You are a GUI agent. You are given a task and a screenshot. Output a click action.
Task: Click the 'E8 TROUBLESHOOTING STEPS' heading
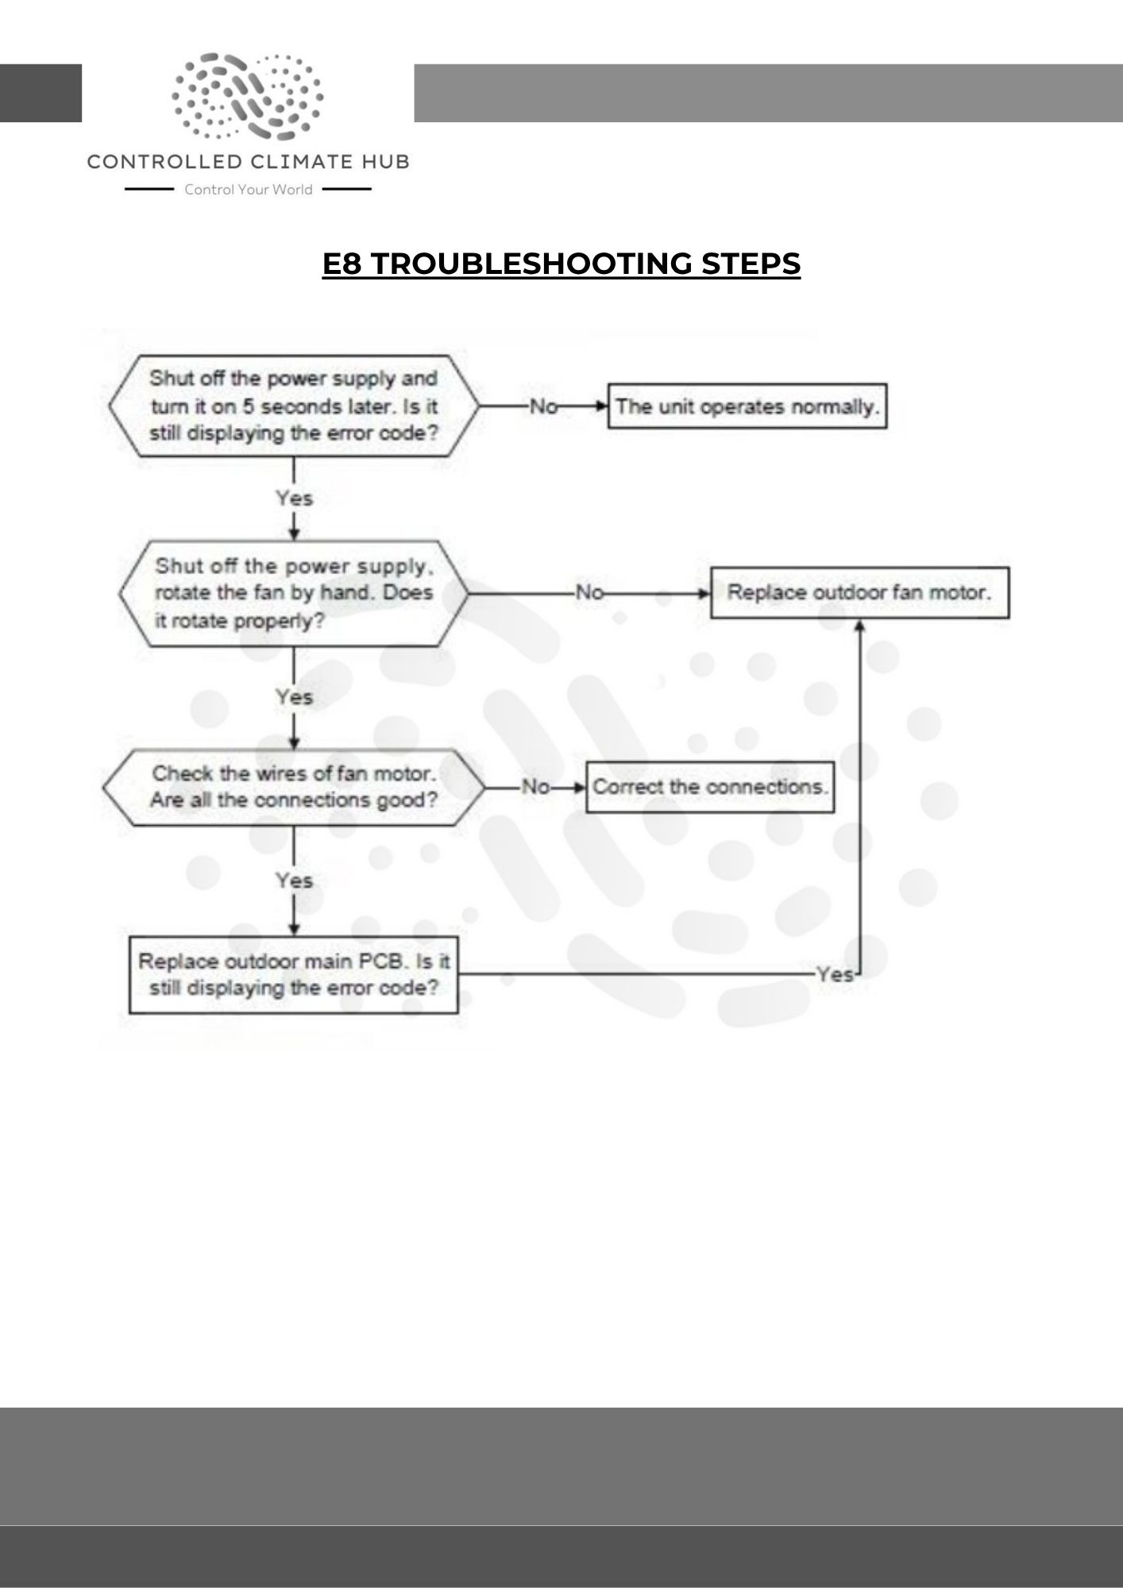click(561, 264)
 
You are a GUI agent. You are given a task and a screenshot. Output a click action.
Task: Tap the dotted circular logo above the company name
click(248, 95)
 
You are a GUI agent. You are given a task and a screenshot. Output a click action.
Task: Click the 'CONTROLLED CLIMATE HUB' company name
click(248, 162)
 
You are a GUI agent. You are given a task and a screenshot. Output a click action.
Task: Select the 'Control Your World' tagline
click(248, 190)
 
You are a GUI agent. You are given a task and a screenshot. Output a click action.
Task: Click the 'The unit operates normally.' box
click(747, 407)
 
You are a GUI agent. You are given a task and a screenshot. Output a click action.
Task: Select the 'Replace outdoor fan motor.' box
click(859, 592)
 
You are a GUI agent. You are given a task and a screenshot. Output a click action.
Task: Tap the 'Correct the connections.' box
click(710, 787)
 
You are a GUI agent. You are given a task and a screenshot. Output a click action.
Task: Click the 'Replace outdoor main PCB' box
click(294, 974)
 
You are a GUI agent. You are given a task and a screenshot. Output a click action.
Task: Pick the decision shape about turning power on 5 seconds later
click(294, 406)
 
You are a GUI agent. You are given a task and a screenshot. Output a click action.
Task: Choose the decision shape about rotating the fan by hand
click(294, 593)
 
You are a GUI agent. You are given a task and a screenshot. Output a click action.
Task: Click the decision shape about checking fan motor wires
click(294, 787)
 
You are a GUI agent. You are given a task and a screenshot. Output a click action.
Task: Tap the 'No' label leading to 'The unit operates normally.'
click(543, 407)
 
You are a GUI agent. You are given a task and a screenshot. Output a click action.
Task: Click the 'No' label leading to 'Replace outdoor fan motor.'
click(589, 592)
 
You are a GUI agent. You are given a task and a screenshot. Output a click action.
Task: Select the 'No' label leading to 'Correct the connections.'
click(535, 787)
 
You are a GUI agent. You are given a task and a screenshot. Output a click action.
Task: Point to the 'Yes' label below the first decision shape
click(294, 498)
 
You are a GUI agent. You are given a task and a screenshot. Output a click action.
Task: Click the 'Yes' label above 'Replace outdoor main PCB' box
click(294, 880)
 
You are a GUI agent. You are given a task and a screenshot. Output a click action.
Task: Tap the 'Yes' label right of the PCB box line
click(834, 974)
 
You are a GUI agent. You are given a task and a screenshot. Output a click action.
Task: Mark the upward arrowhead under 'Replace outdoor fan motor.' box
click(859, 626)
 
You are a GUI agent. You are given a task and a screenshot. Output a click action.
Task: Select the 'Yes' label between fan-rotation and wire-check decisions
click(294, 696)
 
